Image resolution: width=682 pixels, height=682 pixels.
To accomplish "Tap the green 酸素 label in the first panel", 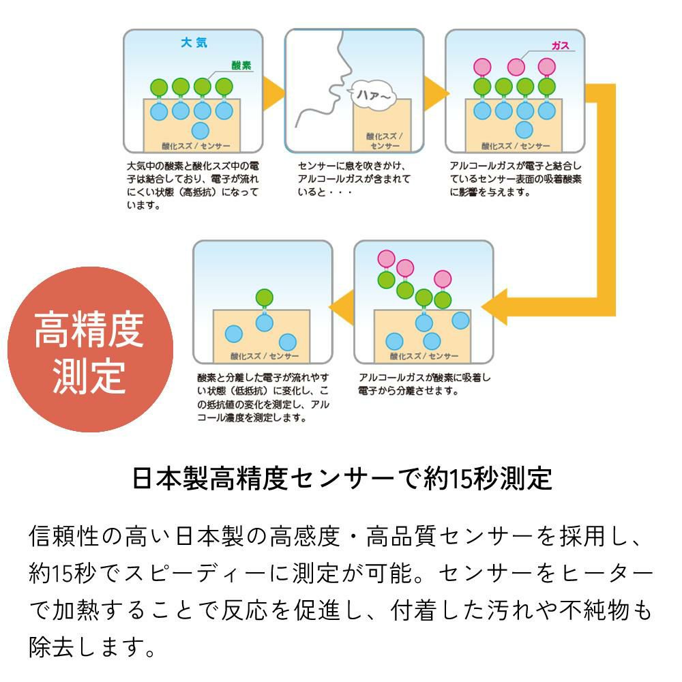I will tap(241, 66).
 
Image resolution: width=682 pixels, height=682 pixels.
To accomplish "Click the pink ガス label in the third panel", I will tap(560, 46).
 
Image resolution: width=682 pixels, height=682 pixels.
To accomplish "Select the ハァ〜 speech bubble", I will tap(372, 97).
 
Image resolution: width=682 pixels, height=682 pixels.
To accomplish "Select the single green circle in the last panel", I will tap(264, 297).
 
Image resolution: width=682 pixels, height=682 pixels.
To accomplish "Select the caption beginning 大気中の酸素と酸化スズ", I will tap(193, 185).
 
